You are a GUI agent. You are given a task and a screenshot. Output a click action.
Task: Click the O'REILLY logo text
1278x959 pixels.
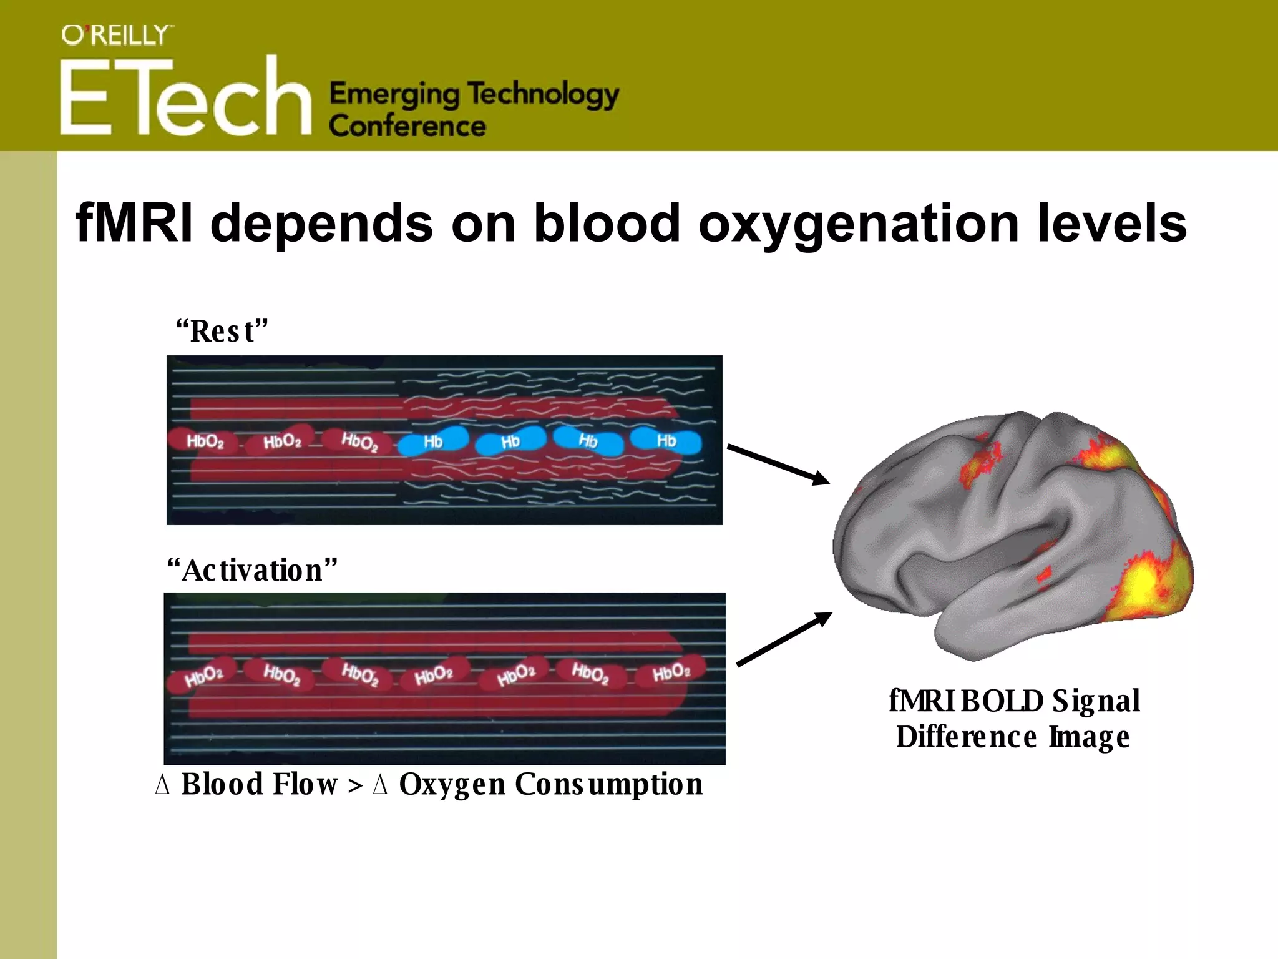click(117, 36)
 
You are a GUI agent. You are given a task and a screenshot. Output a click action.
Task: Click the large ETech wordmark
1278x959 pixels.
click(185, 97)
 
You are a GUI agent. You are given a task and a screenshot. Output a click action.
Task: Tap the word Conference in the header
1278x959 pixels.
click(407, 125)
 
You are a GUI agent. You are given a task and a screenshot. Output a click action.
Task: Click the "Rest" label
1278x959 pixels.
click(221, 331)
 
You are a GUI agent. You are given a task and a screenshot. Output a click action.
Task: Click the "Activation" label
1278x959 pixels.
click(252, 570)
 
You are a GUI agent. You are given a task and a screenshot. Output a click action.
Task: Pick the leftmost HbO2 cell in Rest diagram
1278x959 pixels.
click(204, 441)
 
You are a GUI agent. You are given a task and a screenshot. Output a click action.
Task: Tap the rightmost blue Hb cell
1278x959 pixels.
click(666, 441)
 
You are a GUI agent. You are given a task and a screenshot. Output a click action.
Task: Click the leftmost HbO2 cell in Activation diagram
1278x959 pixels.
click(203, 676)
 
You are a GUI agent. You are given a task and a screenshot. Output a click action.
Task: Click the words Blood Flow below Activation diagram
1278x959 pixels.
click(259, 784)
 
